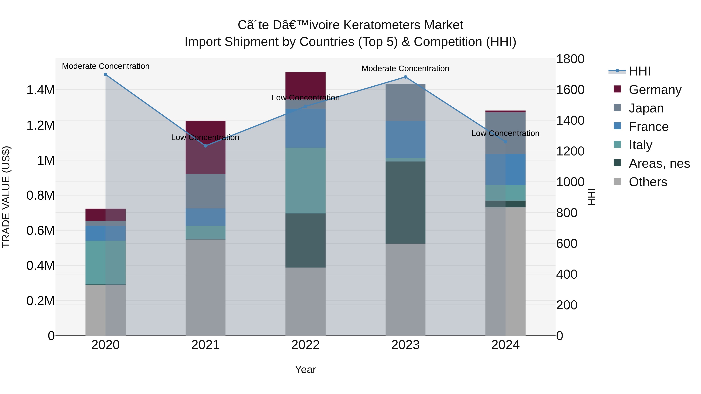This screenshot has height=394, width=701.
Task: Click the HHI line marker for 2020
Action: pos(106,75)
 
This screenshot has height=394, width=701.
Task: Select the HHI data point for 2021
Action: pos(205,146)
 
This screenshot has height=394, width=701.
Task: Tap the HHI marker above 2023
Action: pos(405,77)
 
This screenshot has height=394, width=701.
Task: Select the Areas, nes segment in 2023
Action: pos(405,203)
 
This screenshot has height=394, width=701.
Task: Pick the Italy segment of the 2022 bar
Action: pos(305,181)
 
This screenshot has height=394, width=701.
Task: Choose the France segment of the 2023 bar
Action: pos(405,139)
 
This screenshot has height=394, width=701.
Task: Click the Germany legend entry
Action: pos(655,90)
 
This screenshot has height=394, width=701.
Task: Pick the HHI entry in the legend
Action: pos(639,71)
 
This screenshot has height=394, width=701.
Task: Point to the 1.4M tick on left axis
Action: pos(40,90)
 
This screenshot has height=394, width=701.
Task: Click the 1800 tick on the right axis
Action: pos(570,59)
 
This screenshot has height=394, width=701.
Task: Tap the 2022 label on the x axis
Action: pos(305,345)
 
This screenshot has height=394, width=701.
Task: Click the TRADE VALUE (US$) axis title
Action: pos(6,197)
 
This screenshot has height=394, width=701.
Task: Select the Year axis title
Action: pos(305,369)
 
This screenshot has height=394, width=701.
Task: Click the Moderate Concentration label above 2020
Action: pos(106,66)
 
